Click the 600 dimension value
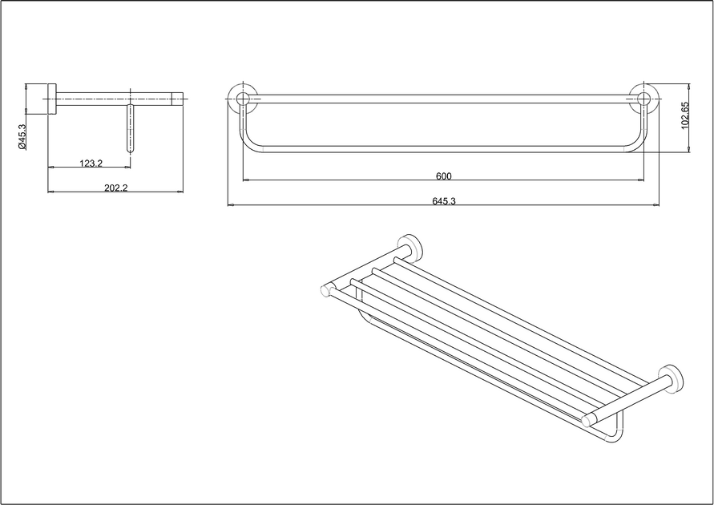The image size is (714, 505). (x=443, y=176)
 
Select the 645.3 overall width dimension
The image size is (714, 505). (x=444, y=201)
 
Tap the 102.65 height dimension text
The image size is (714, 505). (x=685, y=115)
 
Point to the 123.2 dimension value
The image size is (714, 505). (x=91, y=163)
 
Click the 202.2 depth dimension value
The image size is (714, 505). (x=116, y=188)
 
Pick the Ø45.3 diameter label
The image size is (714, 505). (x=22, y=137)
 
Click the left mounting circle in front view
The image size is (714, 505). (x=243, y=99)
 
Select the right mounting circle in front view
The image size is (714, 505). (x=643, y=99)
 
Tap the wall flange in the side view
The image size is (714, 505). (x=52, y=99)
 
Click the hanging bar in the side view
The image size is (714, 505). (x=131, y=129)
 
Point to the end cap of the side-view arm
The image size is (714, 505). (x=178, y=99)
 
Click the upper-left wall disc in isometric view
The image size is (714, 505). (x=411, y=248)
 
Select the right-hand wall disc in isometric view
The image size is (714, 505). (x=672, y=379)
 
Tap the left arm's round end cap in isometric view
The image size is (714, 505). (x=327, y=290)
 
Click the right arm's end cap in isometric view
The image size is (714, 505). (x=589, y=419)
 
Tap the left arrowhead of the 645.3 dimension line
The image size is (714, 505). (x=231, y=205)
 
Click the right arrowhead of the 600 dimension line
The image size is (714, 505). (x=641, y=180)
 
